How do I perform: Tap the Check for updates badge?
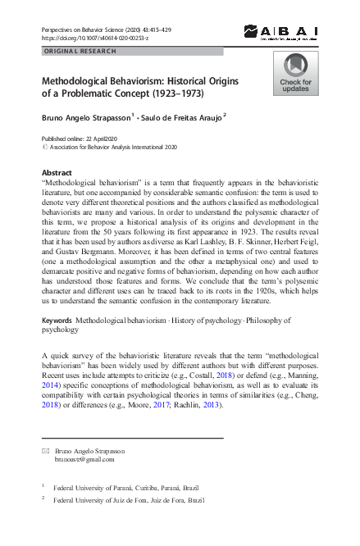(x=295, y=74)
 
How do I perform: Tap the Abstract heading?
(x=56, y=172)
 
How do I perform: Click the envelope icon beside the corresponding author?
(x=46, y=452)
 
